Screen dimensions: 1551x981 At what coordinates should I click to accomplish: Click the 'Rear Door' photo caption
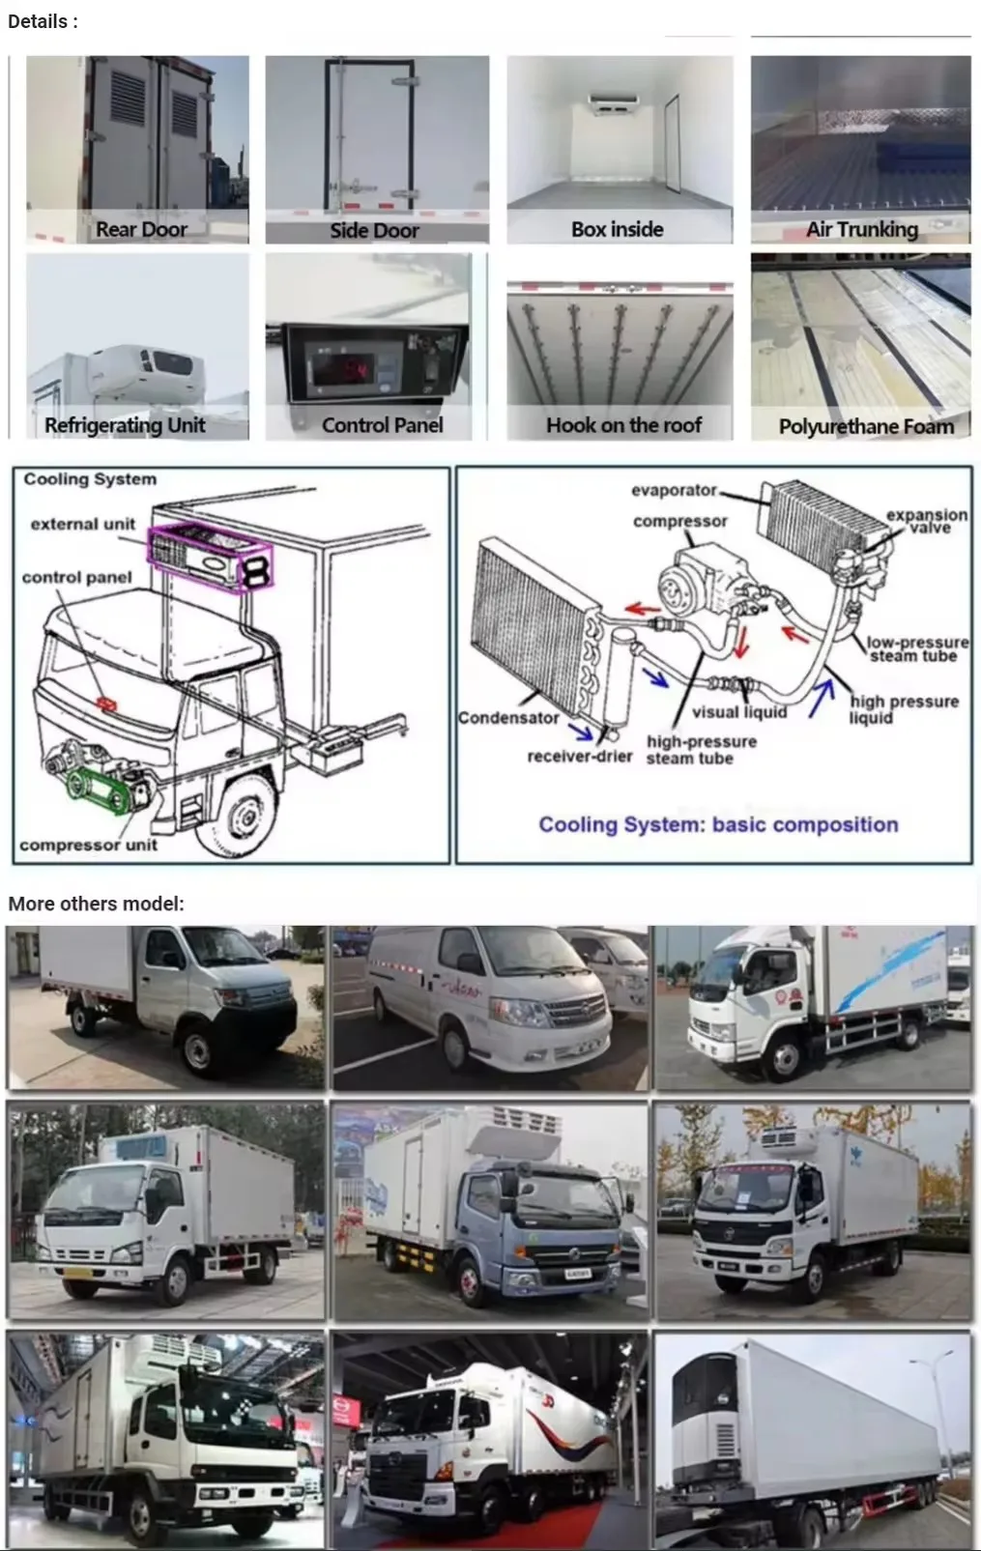click(141, 229)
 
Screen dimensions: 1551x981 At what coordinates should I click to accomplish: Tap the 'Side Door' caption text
click(374, 230)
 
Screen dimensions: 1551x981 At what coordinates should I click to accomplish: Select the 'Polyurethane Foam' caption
click(866, 426)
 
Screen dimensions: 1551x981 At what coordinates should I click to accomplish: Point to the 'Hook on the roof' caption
click(623, 425)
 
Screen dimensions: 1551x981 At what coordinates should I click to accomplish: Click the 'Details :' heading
click(43, 21)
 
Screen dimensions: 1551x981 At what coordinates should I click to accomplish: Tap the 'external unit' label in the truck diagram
click(83, 524)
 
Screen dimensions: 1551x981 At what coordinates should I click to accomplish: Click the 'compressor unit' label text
click(88, 845)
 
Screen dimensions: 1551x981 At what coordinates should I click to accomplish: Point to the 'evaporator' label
click(674, 490)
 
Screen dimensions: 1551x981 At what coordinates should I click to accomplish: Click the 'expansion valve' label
click(927, 521)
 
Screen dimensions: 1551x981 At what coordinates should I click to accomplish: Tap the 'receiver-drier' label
click(579, 756)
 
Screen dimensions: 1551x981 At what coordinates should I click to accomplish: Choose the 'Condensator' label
click(508, 718)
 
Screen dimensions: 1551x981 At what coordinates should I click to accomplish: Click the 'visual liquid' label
click(739, 712)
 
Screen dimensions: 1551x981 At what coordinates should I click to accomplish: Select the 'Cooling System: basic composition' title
click(718, 824)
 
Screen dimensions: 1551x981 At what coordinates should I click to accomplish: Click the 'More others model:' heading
click(96, 904)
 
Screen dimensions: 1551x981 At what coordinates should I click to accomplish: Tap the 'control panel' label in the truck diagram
click(76, 577)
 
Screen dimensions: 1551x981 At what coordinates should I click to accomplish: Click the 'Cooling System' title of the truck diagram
click(90, 479)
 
